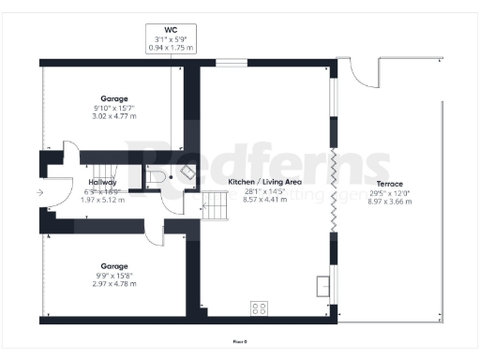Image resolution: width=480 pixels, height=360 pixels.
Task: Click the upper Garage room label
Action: point(114,97)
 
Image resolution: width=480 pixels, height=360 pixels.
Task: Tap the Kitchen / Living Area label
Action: point(265,182)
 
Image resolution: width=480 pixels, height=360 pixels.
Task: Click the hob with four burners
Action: point(258,307)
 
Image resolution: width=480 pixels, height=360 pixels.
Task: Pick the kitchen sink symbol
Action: point(323,284)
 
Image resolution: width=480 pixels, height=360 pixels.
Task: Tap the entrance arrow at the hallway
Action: point(38,193)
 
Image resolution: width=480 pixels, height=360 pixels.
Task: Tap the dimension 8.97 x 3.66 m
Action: point(390,201)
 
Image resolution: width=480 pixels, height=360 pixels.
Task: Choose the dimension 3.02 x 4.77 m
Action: point(114,115)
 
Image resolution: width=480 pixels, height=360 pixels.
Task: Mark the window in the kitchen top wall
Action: point(231,63)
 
